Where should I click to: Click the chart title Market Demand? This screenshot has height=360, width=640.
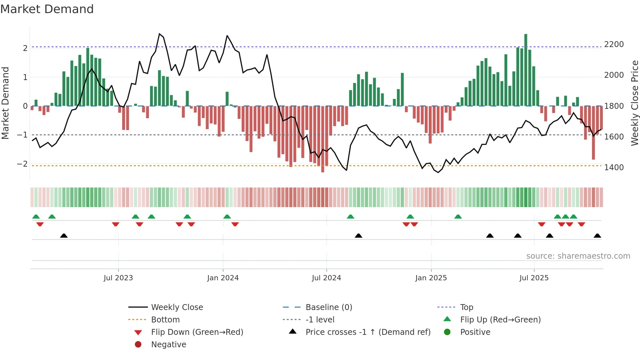pyautogui.click(x=47, y=9)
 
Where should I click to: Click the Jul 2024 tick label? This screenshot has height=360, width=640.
pyautogui.click(x=326, y=278)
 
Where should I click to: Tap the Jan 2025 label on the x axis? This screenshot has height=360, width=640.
pyautogui.click(x=431, y=278)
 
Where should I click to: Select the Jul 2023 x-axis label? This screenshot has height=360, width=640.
pyautogui.click(x=118, y=278)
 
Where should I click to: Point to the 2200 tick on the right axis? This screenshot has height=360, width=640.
pyautogui.click(x=614, y=44)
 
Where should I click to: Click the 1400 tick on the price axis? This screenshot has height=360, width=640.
pyautogui.click(x=614, y=168)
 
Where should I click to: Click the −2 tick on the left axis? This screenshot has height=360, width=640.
pyautogui.click(x=22, y=164)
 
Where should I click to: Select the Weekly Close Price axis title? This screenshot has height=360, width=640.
pyautogui.click(x=634, y=103)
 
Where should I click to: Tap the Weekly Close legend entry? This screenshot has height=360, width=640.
pyautogui.click(x=177, y=307)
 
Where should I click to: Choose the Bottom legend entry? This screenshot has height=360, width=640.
pyautogui.click(x=165, y=320)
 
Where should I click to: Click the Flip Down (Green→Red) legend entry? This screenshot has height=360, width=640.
pyautogui.click(x=197, y=332)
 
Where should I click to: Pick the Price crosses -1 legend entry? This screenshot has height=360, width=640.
pyautogui.click(x=368, y=332)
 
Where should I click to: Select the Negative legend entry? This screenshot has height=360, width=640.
pyautogui.click(x=168, y=345)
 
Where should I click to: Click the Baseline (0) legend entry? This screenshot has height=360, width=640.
pyautogui.click(x=328, y=307)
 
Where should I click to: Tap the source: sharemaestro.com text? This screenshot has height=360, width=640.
pyautogui.click(x=578, y=256)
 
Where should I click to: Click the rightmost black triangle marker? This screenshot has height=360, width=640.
pyautogui.click(x=597, y=236)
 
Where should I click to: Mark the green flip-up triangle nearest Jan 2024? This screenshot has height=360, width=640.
pyautogui.click(x=227, y=217)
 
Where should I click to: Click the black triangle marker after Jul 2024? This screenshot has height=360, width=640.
pyautogui.click(x=359, y=236)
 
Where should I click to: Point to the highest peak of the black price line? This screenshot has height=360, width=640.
pyautogui.click(x=159, y=34)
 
